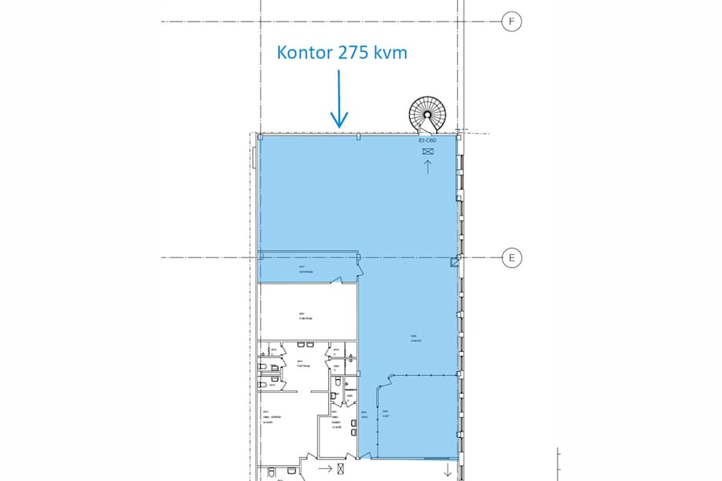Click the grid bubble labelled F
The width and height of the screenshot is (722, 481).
pyautogui.click(x=511, y=22)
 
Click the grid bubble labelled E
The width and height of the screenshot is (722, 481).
pyautogui.click(x=511, y=257)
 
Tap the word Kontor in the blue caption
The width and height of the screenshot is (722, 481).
pyautogui.click(x=305, y=53)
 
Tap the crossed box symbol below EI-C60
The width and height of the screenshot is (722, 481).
pyautogui.click(x=427, y=150)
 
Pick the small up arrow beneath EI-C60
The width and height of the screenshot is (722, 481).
pyautogui.click(x=428, y=167)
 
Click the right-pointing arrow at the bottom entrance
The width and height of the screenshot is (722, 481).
pyautogui.click(x=325, y=467)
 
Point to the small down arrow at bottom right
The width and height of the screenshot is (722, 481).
pyautogui.click(x=448, y=469)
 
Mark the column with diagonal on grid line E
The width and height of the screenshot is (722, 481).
pyautogui.click(x=456, y=261)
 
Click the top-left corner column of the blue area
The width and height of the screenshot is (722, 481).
pyautogui.click(x=260, y=137)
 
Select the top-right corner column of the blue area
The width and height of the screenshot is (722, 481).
pyautogui.click(x=458, y=137)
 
